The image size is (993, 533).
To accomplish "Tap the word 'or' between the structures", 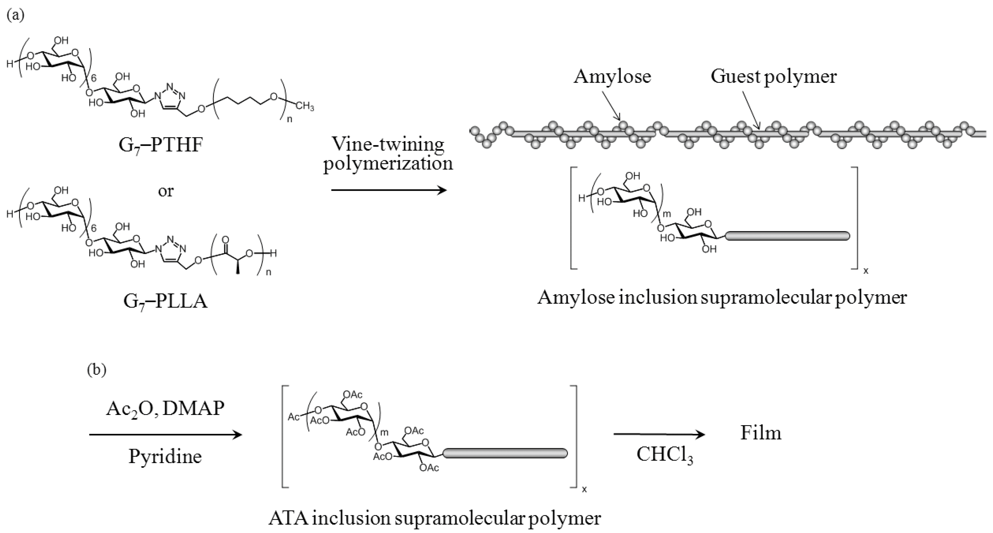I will (x=166, y=191).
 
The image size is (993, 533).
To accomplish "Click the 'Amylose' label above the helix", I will (x=612, y=76).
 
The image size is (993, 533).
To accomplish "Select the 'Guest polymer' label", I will (x=774, y=76).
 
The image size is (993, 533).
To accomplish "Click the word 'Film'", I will (x=761, y=433).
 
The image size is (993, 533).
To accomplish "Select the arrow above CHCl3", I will (x=659, y=435).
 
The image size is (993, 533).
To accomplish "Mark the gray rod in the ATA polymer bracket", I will (x=505, y=453).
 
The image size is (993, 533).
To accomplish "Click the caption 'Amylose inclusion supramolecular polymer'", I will (x=722, y=298).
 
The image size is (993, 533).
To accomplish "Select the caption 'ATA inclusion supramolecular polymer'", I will (x=434, y=518).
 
